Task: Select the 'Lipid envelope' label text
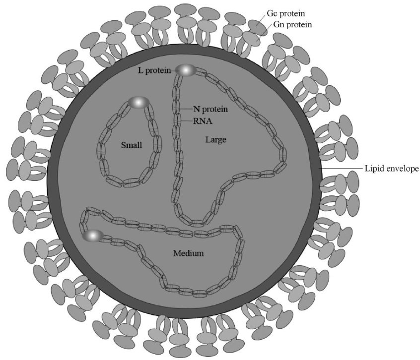(x=392, y=169)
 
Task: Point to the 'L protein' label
(x=154, y=70)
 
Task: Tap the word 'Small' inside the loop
(x=132, y=145)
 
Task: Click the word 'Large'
(x=215, y=140)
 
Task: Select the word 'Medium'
(x=189, y=253)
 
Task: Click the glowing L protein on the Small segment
(x=139, y=103)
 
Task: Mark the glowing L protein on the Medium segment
(x=93, y=236)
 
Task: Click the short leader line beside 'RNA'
(x=186, y=120)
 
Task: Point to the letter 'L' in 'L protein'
(x=140, y=70)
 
